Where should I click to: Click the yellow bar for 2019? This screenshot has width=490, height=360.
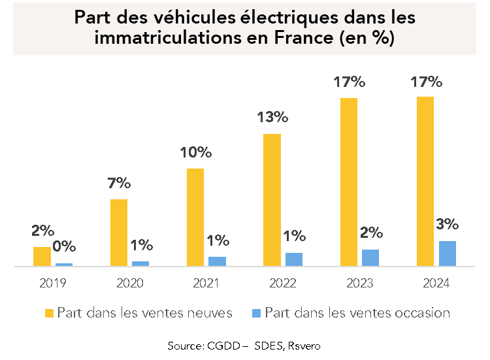click(x=42, y=257)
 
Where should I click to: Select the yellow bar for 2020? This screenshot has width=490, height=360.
click(x=118, y=233)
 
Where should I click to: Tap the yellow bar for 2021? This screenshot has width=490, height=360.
click(x=195, y=218)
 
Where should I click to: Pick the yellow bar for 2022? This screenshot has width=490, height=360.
click(x=272, y=201)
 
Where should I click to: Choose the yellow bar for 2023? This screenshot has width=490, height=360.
click(x=348, y=182)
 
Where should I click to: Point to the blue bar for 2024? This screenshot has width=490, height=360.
click(x=447, y=254)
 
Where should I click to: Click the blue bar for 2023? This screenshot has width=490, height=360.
click(x=370, y=258)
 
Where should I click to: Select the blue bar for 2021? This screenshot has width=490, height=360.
click(x=217, y=261)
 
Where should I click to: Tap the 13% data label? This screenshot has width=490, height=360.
click(x=272, y=118)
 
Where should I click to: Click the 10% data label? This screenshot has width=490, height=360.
click(x=196, y=153)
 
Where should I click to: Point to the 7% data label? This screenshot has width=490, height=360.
click(x=120, y=184)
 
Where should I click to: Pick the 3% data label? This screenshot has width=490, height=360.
click(x=447, y=224)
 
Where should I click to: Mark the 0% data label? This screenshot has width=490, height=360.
click(x=64, y=247)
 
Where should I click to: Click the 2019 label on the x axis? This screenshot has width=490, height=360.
click(x=53, y=284)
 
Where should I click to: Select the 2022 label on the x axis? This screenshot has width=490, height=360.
click(x=283, y=284)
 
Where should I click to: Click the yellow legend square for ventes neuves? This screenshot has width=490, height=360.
click(x=50, y=313)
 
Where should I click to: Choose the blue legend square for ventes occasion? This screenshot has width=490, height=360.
click(x=257, y=313)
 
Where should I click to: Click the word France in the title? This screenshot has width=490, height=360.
click(x=306, y=38)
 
